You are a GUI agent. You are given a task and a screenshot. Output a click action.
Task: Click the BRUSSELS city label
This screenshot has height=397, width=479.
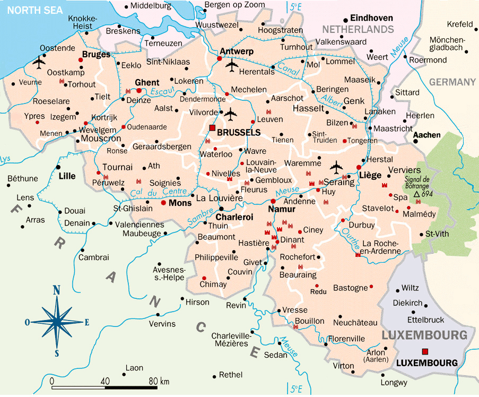pos(239,132)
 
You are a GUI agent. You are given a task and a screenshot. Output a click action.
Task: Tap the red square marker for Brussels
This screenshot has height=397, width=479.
pos(212,128)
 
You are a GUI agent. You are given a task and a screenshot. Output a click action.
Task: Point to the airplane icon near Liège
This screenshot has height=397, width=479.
pos(336,167)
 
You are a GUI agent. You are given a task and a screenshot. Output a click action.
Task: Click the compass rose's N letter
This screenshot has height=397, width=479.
pos(56,290)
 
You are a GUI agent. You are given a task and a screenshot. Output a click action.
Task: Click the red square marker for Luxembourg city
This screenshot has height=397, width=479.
pos(424,351)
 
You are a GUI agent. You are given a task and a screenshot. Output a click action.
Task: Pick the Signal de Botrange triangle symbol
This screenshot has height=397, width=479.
pos(417,194)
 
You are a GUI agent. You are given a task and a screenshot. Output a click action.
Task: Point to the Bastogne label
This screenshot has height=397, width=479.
pos(350,288)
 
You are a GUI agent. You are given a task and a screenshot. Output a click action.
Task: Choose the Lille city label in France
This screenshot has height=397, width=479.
pos(67,176)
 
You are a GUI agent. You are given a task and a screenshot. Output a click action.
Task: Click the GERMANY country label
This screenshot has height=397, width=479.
pos(452,82)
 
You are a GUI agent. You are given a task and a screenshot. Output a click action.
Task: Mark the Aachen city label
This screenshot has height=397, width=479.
pos(427,135)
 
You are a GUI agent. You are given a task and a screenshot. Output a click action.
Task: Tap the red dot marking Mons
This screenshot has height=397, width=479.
pos(164,203)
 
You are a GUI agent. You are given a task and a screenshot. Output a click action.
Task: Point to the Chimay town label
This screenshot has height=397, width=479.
pos(213,284)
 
